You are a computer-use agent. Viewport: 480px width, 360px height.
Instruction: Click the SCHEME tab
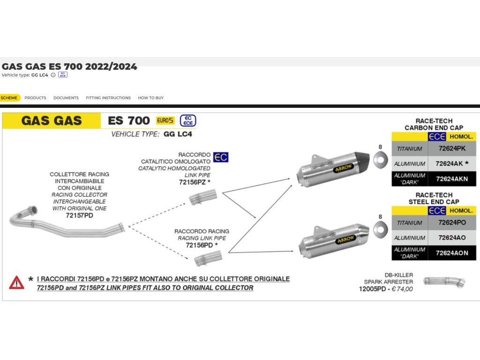[9, 98]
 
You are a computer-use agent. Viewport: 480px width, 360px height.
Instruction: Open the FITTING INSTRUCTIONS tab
[108, 98]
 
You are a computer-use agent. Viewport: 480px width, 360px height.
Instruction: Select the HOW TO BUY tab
[150, 98]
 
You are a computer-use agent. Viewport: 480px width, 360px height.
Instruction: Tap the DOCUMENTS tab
[66, 98]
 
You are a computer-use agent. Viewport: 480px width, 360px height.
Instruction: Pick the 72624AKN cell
[452, 179]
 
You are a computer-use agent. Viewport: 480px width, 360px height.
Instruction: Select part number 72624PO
[452, 223]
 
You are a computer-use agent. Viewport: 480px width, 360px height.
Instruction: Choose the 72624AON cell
[452, 253]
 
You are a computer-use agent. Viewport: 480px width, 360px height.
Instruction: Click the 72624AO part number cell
[452, 238]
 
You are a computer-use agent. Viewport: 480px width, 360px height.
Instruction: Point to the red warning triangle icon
[16, 283]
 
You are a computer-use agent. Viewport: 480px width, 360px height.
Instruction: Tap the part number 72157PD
[79, 215]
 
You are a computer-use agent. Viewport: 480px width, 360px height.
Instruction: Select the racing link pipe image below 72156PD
[207, 257]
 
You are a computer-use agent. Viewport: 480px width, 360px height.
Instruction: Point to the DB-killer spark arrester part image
[444, 282]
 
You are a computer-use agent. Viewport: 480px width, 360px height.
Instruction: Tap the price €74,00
[402, 289]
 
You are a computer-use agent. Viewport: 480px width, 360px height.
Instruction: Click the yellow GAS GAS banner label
[52, 121]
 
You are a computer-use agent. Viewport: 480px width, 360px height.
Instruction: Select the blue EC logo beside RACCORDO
[221, 157]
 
